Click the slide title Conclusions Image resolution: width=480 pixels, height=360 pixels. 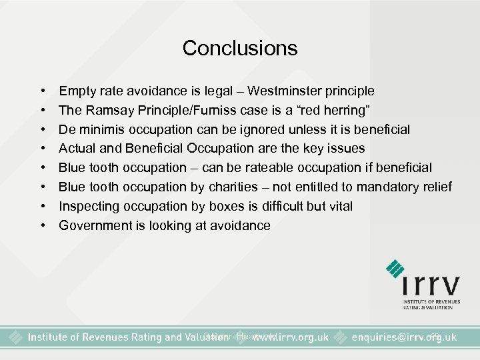tap(240, 48)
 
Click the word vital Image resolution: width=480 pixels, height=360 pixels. tap(338, 206)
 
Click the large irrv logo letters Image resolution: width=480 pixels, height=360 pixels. tap(431, 286)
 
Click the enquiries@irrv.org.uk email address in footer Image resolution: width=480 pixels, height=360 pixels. tap(404, 337)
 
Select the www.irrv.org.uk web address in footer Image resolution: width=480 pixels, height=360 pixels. tap(289, 337)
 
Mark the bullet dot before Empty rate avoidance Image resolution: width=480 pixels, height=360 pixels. tap(43, 91)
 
